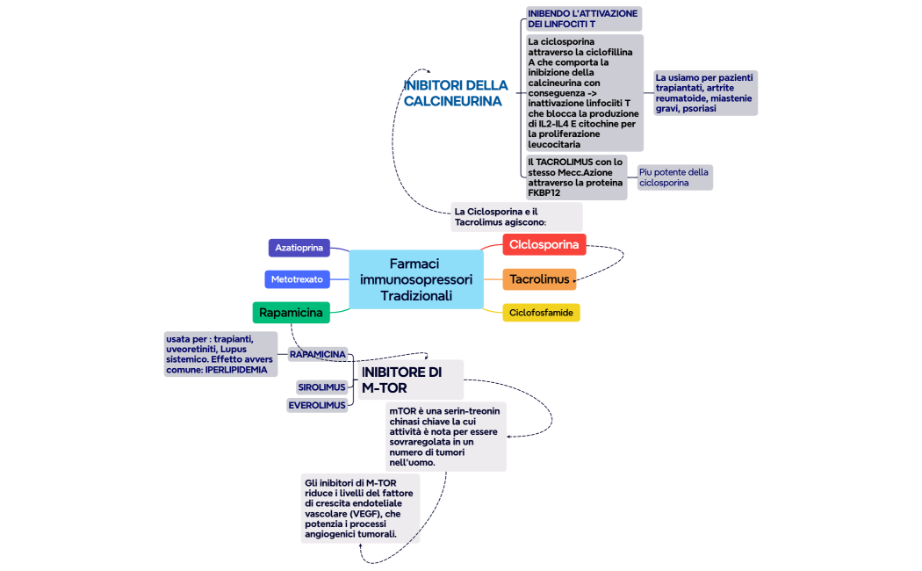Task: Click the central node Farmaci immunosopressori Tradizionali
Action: coord(416,279)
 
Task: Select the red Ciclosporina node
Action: coord(544,244)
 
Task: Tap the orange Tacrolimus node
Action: coord(539,279)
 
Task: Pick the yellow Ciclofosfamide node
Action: coord(541,312)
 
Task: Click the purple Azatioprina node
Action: coord(299,248)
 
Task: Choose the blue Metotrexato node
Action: coord(296,279)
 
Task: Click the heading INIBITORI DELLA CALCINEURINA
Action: coord(455,93)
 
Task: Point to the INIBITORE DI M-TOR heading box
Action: coord(410,379)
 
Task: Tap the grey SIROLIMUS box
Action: coord(321,387)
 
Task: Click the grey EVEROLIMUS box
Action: coord(317,405)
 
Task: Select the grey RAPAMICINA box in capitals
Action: coord(317,354)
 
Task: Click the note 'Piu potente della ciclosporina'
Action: coord(673,177)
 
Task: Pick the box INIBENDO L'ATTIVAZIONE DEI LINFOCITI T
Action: coord(583,18)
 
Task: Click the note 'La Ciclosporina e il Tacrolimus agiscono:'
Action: coord(515,217)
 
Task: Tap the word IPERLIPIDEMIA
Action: coord(236,370)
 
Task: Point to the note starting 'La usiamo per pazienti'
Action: coord(704,93)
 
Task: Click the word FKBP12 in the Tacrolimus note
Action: coord(544,192)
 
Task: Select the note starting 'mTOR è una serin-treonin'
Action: coord(445,437)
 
